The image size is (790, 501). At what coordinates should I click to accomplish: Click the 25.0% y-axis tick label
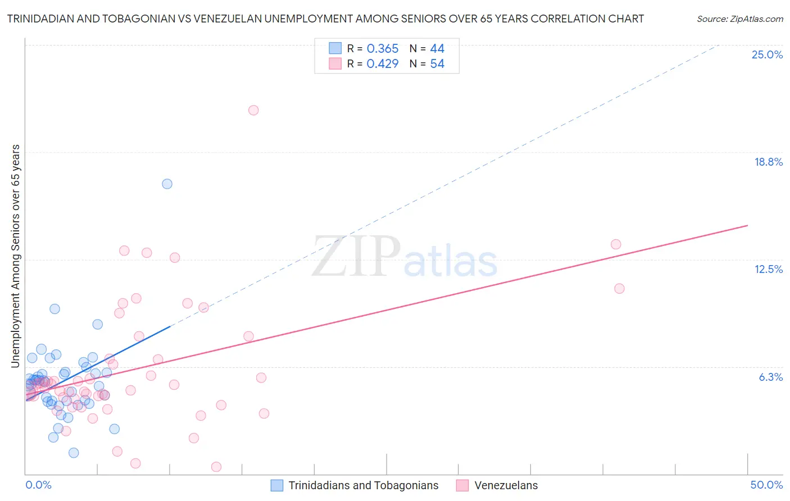767,54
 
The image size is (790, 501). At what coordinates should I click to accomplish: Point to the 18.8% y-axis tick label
768,162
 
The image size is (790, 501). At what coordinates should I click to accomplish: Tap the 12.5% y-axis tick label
768,269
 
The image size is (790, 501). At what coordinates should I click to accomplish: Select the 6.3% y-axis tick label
770,377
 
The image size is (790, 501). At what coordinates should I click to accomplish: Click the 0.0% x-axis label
38,485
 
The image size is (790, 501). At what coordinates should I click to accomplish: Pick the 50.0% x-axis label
766,485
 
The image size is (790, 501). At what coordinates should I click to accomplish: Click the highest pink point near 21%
253,110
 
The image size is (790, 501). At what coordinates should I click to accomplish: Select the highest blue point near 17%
167,184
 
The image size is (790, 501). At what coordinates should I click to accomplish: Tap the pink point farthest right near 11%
619,288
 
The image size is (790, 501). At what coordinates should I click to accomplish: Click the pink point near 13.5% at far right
616,244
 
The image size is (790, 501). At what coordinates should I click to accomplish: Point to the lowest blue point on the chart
74,453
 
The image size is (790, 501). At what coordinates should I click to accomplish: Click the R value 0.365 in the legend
382,49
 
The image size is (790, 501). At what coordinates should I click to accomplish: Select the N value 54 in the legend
437,64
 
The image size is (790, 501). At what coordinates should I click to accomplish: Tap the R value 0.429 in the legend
382,64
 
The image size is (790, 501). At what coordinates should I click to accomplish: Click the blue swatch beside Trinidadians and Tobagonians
277,485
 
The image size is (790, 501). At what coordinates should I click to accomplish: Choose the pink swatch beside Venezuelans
462,485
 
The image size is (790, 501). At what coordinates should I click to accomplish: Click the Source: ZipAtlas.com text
739,19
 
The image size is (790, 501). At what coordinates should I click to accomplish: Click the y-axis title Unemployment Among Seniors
16,256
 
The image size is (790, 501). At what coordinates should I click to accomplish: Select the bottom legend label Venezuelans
506,485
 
